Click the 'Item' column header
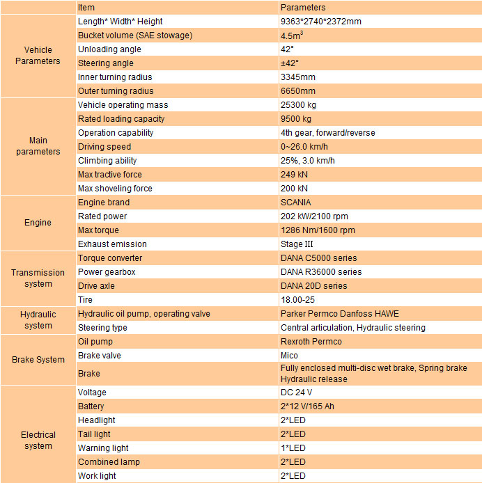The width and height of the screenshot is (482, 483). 86,8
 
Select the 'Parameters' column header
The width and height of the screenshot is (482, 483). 302,8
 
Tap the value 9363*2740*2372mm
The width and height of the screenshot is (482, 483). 320,22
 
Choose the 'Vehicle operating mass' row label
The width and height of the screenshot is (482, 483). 123,105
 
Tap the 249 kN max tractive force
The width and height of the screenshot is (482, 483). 294,175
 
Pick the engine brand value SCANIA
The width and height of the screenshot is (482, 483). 296,203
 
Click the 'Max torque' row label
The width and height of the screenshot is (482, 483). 98,230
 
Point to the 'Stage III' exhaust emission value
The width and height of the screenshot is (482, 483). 297,244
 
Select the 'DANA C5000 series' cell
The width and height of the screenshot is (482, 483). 318,258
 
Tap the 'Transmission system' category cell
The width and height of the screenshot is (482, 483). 38,278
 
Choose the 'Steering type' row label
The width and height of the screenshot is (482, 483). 102,328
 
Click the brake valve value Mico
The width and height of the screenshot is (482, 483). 289,356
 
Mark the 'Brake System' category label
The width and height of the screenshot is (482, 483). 38,360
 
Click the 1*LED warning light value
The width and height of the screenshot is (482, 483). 293,448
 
